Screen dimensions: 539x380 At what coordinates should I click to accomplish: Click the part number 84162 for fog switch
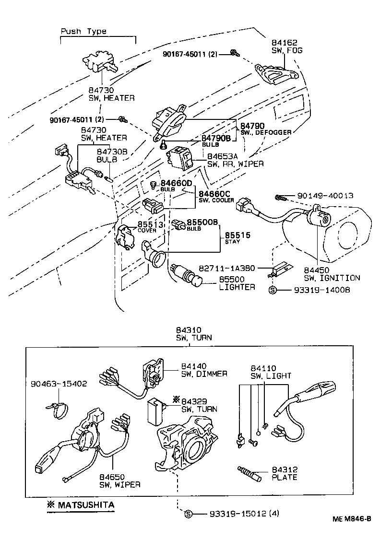pyautogui.click(x=285, y=43)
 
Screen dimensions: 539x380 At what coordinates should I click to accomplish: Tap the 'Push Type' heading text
pyautogui.click(x=83, y=31)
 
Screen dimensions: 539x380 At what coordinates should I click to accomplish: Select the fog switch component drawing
pyautogui.click(x=275, y=73)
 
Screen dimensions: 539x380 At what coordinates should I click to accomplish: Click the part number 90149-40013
pyautogui.click(x=325, y=196)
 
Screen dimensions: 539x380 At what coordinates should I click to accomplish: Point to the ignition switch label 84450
pyautogui.click(x=317, y=270)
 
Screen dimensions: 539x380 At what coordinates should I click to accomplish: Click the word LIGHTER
pyautogui.click(x=237, y=287)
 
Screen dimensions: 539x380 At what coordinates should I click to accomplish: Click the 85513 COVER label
pyautogui.click(x=150, y=226)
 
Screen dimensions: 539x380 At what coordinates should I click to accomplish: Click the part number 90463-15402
pyautogui.click(x=58, y=384)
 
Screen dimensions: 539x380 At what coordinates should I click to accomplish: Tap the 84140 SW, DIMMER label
pyautogui.click(x=204, y=370)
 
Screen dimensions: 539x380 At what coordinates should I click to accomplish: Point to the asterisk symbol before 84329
pyautogui.click(x=176, y=399)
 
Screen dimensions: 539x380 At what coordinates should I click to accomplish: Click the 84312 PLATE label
pyautogui.click(x=285, y=473)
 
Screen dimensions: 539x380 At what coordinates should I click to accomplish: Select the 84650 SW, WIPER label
pyautogui.click(x=119, y=480)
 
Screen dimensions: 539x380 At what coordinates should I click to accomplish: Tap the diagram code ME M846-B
pyautogui.click(x=352, y=519)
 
